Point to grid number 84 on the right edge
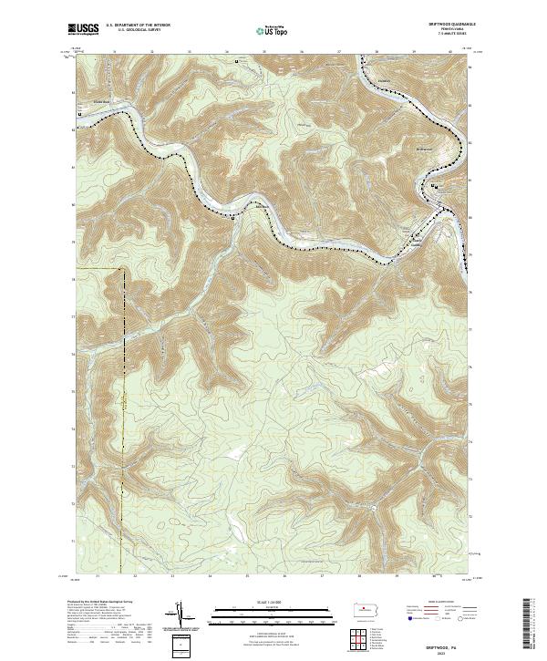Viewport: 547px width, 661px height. [x=470, y=67]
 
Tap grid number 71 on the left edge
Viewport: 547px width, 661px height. [x=73, y=541]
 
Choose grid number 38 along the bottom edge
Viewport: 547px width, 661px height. [x=360, y=576]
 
